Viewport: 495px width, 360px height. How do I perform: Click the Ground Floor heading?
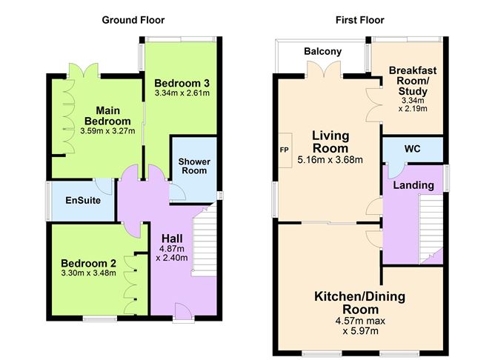[x=133, y=20]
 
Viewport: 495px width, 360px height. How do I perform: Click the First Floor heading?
[x=360, y=20]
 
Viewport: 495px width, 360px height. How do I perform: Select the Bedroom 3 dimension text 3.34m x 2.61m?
[x=182, y=93]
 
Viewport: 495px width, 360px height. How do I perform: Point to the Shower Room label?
[x=194, y=166]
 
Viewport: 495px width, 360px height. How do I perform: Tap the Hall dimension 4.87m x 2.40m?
[x=171, y=253]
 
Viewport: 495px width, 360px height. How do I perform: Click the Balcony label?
[x=322, y=51]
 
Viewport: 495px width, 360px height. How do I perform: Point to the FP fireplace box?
[x=284, y=148]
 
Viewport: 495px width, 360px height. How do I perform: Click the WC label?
[x=412, y=149]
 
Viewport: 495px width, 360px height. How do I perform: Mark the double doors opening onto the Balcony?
[x=320, y=72]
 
